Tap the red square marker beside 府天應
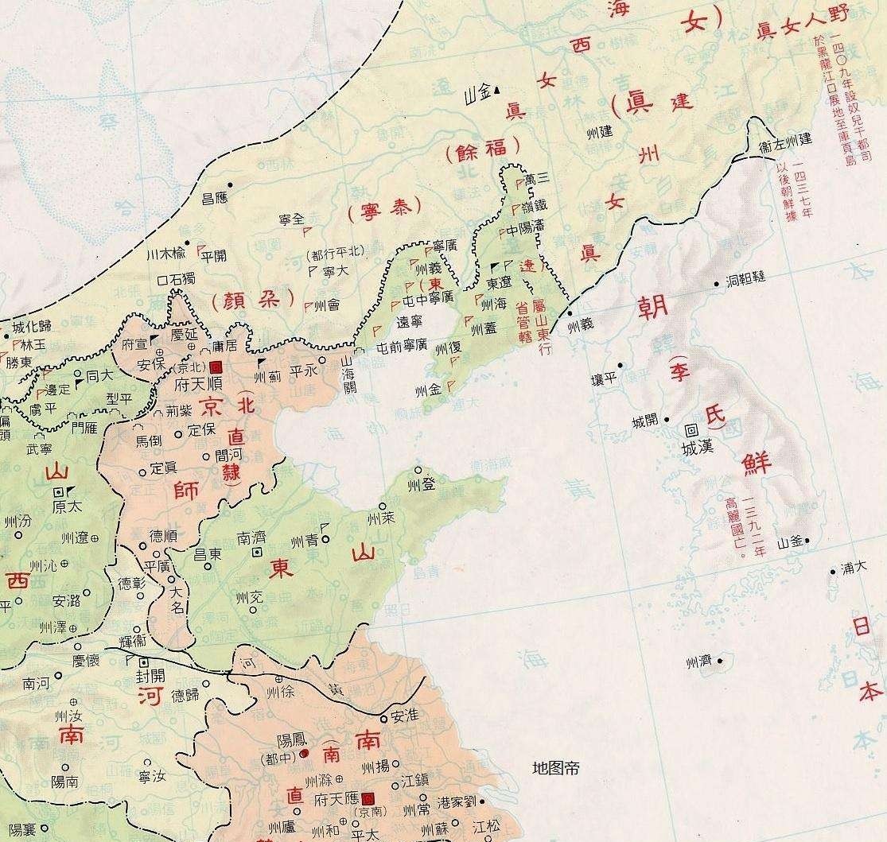coord(367,797)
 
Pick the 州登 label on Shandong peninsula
coord(419,483)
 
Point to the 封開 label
coord(152,676)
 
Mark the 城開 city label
coord(645,421)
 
